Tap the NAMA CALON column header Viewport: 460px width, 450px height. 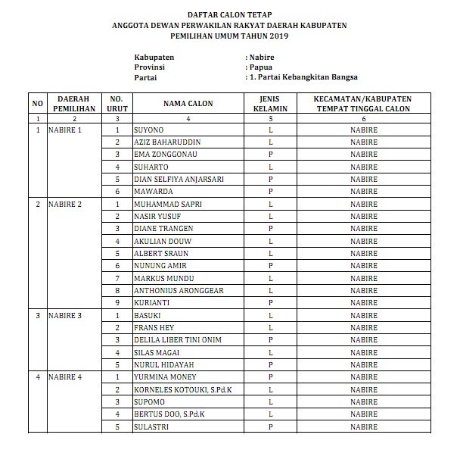[x=187, y=105]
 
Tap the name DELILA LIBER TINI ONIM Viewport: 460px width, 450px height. [x=177, y=340]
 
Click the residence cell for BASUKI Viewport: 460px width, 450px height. [x=364, y=315]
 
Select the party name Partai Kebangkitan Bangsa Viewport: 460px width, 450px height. [x=306, y=77]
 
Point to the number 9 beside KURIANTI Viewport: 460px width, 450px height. [x=117, y=303]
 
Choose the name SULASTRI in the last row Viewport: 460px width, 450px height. [x=151, y=427]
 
